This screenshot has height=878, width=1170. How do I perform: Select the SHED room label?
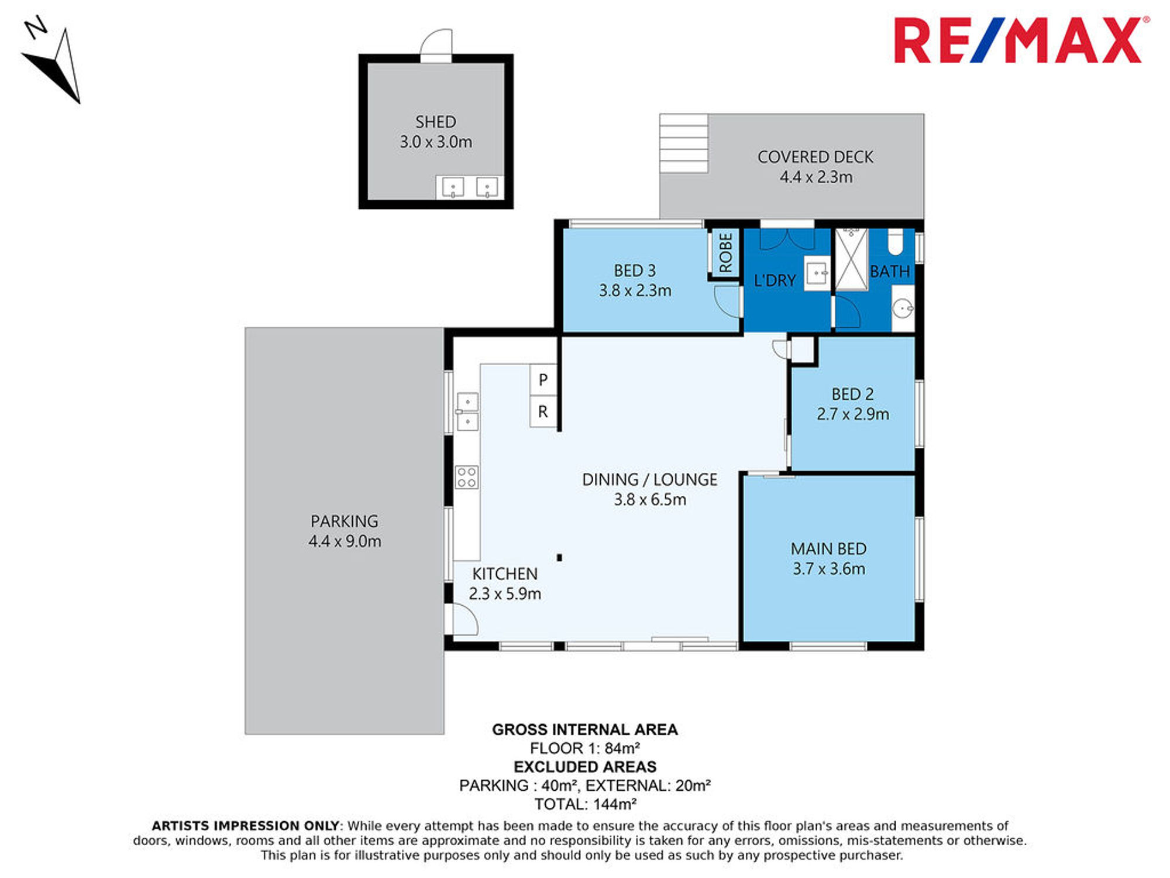click(x=436, y=122)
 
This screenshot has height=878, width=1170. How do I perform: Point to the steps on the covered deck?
click(x=684, y=143)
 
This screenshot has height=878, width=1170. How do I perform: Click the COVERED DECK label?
click(x=815, y=157)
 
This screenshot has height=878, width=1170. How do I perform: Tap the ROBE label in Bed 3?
click(x=725, y=253)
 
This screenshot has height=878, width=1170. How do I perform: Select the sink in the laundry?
click(x=817, y=273)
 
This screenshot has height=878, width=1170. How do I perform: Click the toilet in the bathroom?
click(x=896, y=242)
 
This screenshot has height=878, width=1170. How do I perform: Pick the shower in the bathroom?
click(x=851, y=259)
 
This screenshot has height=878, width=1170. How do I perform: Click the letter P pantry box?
click(x=543, y=380)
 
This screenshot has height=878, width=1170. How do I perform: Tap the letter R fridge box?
click(x=543, y=412)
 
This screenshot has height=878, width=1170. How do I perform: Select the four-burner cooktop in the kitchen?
click(x=467, y=477)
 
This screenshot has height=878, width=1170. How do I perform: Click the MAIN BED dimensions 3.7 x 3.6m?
click(x=829, y=569)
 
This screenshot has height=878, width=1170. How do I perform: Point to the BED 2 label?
click(x=852, y=395)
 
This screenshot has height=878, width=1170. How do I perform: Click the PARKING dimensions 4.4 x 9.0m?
click(x=345, y=541)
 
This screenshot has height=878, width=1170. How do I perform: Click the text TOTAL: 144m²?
click(x=585, y=804)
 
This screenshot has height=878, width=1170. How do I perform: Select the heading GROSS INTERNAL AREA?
click(x=585, y=729)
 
